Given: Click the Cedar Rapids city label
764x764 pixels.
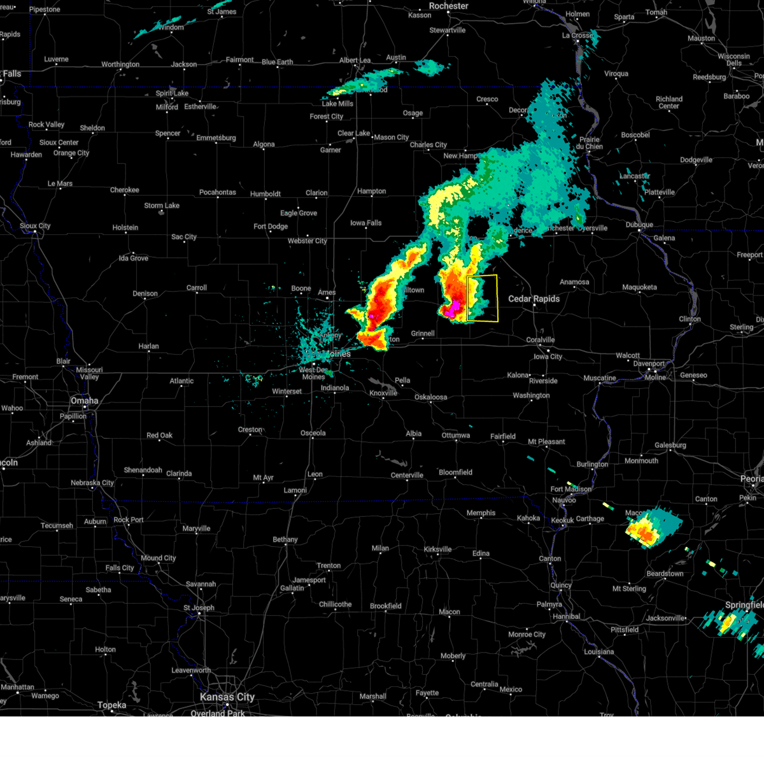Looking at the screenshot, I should pyautogui.click(x=534, y=299).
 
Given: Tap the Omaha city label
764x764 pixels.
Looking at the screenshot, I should pyautogui.click(x=85, y=400).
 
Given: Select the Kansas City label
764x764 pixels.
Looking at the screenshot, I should pyautogui.click(x=227, y=697).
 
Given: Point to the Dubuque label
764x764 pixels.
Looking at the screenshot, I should pyautogui.click(x=639, y=225).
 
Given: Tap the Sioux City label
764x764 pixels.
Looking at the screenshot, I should pyautogui.click(x=35, y=226).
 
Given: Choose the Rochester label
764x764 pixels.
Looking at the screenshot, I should pyautogui.click(x=448, y=6).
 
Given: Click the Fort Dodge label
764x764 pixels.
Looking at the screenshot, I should pyautogui.click(x=271, y=226).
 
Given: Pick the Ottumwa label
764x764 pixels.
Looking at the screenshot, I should pyautogui.click(x=456, y=435).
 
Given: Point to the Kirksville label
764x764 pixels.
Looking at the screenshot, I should pyautogui.click(x=437, y=549).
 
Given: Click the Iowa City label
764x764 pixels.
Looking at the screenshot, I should pyautogui.click(x=548, y=357).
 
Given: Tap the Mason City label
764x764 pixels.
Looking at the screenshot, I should pyautogui.click(x=391, y=137).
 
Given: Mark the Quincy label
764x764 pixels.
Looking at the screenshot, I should pyautogui.click(x=561, y=585).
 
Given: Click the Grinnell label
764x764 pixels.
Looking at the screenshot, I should pyautogui.click(x=423, y=334).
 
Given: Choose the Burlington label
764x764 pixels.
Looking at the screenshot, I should pyautogui.click(x=593, y=464).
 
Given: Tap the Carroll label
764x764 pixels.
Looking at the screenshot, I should pyautogui.click(x=197, y=288).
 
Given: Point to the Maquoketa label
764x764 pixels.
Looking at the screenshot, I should pyautogui.click(x=639, y=287).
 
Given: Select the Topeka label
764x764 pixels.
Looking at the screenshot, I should pyautogui.click(x=112, y=705).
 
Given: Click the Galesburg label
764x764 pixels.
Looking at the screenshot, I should pyautogui.click(x=670, y=446).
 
